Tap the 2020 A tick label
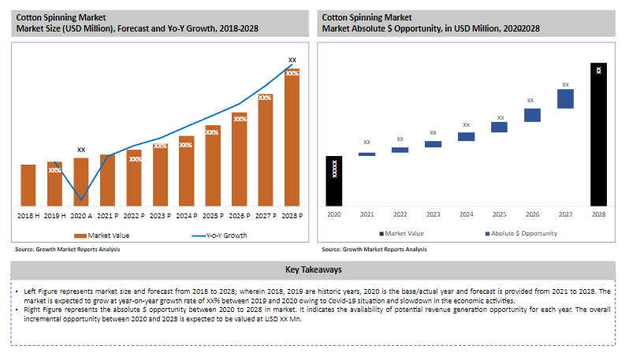(80, 215)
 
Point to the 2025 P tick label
(212, 215)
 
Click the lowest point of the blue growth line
(81, 199)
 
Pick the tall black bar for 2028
(599, 134)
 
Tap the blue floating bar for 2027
(565, 98)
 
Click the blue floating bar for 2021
(367, 154)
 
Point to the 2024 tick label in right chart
(467, 214)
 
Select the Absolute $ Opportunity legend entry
(520, 233)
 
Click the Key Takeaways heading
(314, 270)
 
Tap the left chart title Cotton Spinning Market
(50, 17)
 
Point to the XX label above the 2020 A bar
(81, 149)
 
